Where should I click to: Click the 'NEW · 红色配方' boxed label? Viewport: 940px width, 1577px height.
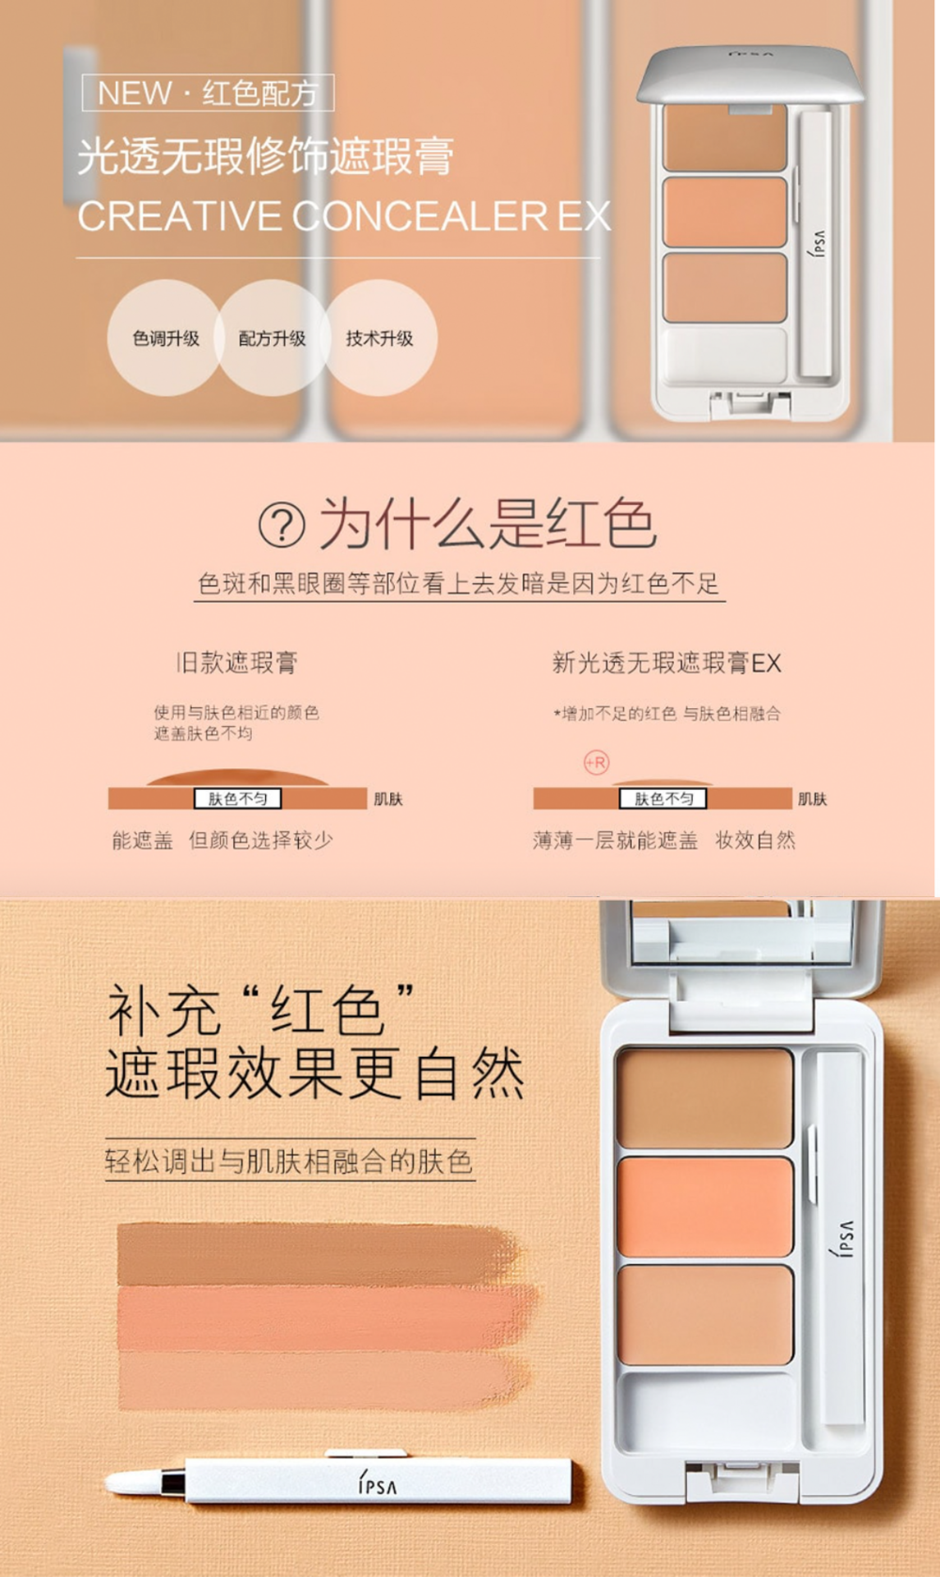click(208, 93)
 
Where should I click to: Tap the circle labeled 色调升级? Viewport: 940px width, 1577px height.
click(165, 338)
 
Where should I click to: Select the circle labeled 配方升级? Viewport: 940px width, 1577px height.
click(272, 338)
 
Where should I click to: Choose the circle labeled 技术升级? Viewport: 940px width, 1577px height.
click(378, 338)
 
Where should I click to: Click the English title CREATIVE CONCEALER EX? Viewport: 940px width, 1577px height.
click(344, 217)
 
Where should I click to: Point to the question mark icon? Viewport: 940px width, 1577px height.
click(282, 525)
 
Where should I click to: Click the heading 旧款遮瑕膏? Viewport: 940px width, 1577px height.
click(236, 662)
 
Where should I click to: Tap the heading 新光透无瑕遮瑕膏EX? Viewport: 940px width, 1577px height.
click(667, 662)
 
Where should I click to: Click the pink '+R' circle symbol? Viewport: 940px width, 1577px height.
click(597, 762)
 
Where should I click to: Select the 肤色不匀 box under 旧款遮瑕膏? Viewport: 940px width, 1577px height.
click(237, 798)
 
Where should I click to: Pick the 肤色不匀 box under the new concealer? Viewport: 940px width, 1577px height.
click(663, 798)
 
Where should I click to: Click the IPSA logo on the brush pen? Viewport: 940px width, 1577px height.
click(377, 1484)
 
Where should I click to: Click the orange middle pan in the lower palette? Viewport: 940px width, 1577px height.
click(705, 1207)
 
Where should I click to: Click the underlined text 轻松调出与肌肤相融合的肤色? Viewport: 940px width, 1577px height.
click(289, 1161)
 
